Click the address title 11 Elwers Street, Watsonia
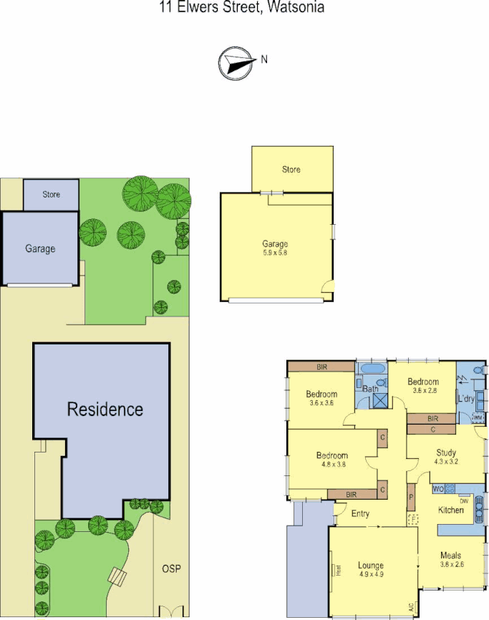click(x=242, y=8)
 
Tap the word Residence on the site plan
click(x=105, y=410)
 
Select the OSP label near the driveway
click(x=171, y=569)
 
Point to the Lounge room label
click(x=372, y=566)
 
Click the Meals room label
click(x=450, y=556)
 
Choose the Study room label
click(x=447, y=452)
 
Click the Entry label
click(x=360, y=513)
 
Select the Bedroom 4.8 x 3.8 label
click(x=332, y=455)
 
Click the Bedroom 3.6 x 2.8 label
click(x=423, y=382)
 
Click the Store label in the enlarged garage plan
click(x=291, y=170)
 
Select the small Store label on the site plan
click(x=51, y=195)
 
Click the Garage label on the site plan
click(x=40, y=249)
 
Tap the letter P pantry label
click(x=412, y=496)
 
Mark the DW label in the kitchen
click(x=464, y=501)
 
